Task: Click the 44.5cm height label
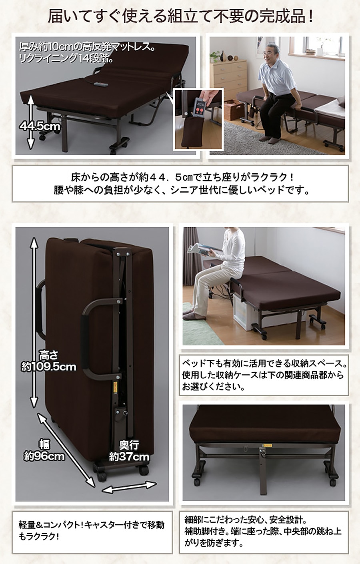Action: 40,126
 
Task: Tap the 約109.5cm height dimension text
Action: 48,367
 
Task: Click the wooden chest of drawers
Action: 228,79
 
